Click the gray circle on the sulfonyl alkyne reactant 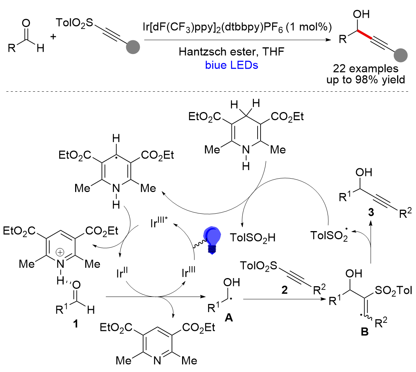coord(133,48)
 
